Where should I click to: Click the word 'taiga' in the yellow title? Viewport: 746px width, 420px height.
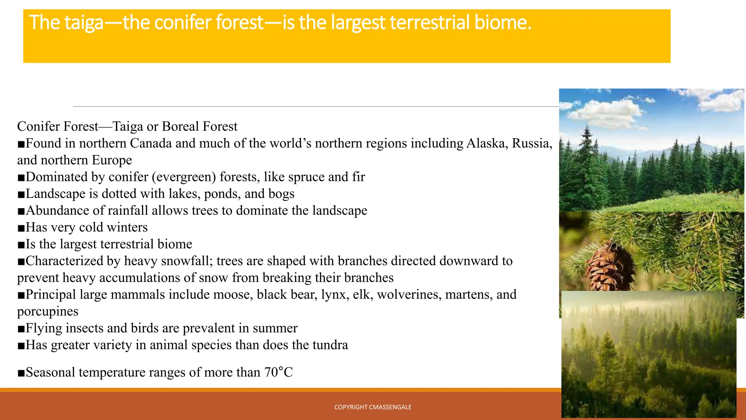84,23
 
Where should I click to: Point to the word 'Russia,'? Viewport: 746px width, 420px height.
532,143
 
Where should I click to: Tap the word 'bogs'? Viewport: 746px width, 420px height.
281,194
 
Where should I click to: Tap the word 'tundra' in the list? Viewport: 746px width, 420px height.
330,345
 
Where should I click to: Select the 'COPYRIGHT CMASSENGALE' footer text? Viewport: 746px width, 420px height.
373,407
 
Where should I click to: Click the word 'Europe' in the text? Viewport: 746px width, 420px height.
112,160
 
